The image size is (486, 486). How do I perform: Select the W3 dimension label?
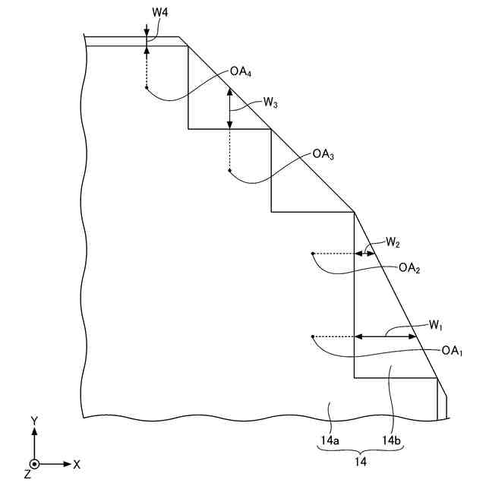coord(270,102)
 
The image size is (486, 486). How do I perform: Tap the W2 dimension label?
coord(392,243)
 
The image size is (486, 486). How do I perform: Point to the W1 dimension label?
coord(435,326)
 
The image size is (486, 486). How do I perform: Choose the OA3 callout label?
coord(323,154)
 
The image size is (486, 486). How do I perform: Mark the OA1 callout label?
coord(452,351)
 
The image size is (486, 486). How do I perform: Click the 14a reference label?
coord(329,439)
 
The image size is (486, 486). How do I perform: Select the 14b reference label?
coord(391,439)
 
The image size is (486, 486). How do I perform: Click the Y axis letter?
coord(34,420)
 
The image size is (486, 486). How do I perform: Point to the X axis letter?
coord(77,463)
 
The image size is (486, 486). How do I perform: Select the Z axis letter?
coord(27,474)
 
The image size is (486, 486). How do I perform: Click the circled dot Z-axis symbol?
coord(34,463)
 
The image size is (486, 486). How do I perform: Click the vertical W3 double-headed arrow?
coord(229,109)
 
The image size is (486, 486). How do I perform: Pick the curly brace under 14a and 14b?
coord(360,450)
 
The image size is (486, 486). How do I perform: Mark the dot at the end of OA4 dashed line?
coord(147,88)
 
